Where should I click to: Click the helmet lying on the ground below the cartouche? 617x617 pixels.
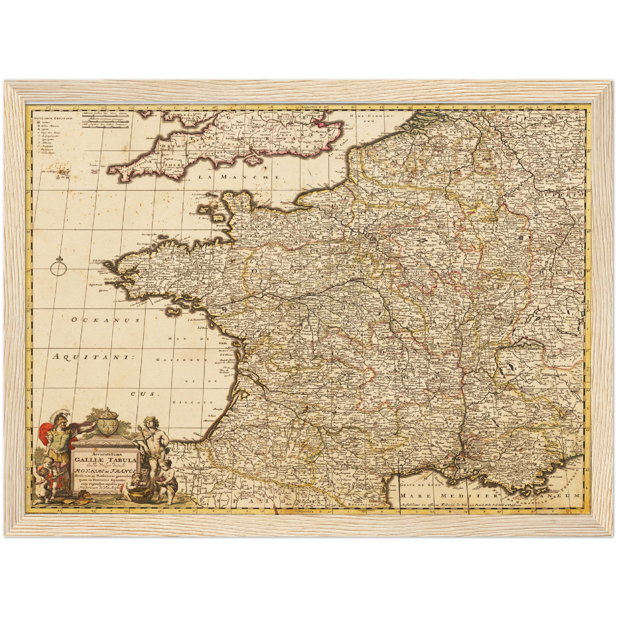[84, 496]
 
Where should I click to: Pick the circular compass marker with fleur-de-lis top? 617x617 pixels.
[57, 267]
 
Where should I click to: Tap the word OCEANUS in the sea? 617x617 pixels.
[99, 319]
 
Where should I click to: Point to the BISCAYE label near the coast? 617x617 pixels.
[193, 402]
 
